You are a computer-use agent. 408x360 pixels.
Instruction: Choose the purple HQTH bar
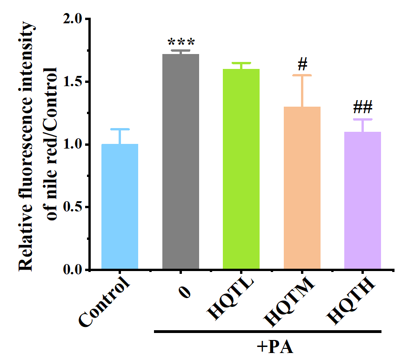(x=362, y=200)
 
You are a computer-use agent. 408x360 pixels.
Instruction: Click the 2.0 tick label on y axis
(x=72, y=20)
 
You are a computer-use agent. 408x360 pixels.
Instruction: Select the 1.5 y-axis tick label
(x=72, y=82)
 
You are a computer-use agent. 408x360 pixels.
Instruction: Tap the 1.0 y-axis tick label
(x=72, y=144)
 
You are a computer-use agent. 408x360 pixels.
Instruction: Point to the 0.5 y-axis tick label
(x=72, y=207)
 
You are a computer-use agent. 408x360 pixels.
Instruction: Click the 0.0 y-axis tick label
(x=72, y=269)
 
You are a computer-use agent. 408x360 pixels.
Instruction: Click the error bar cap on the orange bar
(x=302, y=75)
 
